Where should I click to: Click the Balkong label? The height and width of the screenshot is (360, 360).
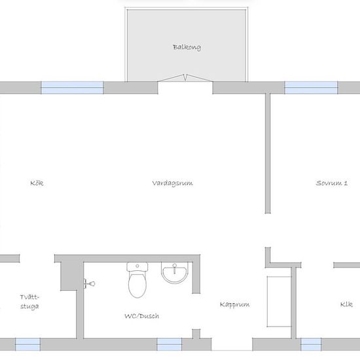[187, 47]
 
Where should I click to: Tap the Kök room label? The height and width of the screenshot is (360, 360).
[37, 183]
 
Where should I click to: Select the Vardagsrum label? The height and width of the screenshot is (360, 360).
[172, 183]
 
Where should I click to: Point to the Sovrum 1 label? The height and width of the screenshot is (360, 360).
[332, 183]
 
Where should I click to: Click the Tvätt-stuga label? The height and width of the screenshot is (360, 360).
[29, 302]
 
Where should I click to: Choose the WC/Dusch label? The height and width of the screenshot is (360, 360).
[141, 316]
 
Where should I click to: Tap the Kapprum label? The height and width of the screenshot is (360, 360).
[234, 304]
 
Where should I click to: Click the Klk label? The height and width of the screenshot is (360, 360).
[346, 304]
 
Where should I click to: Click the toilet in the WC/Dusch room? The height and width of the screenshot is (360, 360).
[137, 280]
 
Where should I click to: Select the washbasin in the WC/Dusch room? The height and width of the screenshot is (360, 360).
[175, 272]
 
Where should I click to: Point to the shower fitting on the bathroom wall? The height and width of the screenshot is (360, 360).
[89, 284]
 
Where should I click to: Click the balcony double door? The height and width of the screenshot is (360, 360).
[185, 78]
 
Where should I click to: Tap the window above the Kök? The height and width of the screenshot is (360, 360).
[72, 88]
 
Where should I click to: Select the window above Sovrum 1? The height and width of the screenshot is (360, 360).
[311, 88]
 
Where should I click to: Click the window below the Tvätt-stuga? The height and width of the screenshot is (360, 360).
[27, 344]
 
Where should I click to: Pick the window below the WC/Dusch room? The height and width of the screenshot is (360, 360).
[170, 344]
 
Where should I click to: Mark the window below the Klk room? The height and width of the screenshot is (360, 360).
[311, 344]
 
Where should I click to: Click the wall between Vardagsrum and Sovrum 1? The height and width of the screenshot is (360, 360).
[268, 153]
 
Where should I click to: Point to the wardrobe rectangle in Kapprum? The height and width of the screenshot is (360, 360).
[279, 302]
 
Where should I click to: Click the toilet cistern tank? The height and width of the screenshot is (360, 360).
[137, 266]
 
